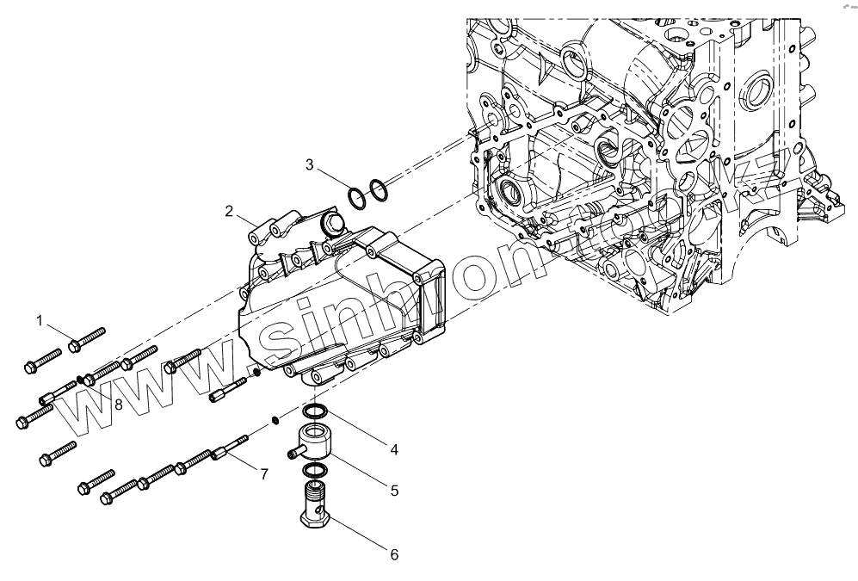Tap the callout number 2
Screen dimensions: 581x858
tap(229, 211)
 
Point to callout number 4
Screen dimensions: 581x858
tap(392, 449)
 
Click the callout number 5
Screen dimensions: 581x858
tap(393, 491)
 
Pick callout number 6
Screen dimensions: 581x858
tap(393, 554)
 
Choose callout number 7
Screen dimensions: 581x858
tap(264, 473)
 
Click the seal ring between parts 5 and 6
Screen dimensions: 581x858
tap(316, 470)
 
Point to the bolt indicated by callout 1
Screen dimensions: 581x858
tap(86, 338)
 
